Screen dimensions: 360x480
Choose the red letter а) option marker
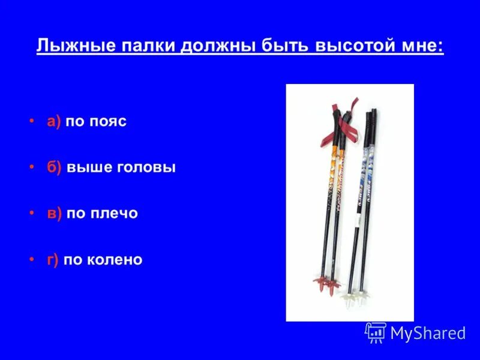click(x=54, y=122)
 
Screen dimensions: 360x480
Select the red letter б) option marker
click(x=55, y=167)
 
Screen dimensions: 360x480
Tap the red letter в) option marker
click(x=55, y=214)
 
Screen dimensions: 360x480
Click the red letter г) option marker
click(x=53, y=260)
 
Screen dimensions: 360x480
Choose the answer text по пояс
click(x=96, y=122)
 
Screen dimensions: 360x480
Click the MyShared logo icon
click(x=376, y=332)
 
